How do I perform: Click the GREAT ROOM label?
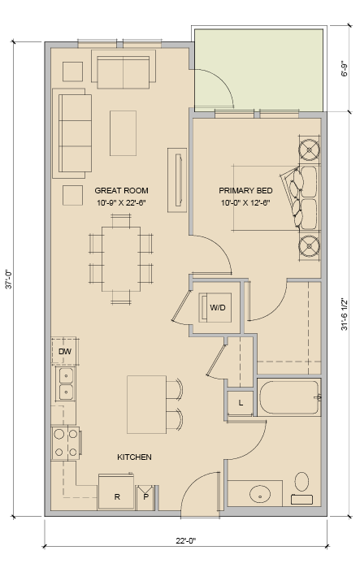(x=121, y=190)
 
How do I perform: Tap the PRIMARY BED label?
(x=245, y=190)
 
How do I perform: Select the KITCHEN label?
(x=134, y=457)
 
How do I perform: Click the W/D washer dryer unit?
(x=215, y=307)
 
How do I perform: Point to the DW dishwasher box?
(x=64, y=351)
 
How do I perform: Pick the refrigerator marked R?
(x=116, y=492)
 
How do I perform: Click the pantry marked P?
(x=145, y=497)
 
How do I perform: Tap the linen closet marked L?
(x=241, y=403)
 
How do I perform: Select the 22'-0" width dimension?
(x=185, y=540)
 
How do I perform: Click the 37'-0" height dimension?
(x=9, y=279)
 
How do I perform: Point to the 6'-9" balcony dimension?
(x=344, y=68)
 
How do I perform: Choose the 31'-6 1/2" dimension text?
(x=344, y=314)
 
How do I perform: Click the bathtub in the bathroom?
(x=289, y=397)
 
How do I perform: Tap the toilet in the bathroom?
(x=301, y=489)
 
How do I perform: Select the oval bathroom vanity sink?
(x=260, y=494)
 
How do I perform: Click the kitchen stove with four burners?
(x=66, y=443)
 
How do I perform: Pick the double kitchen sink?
(x=66, y=383)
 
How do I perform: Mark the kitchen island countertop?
(x=146, y=405)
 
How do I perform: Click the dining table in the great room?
(x=121, y=259)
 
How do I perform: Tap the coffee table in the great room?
(x=123, y=133)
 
